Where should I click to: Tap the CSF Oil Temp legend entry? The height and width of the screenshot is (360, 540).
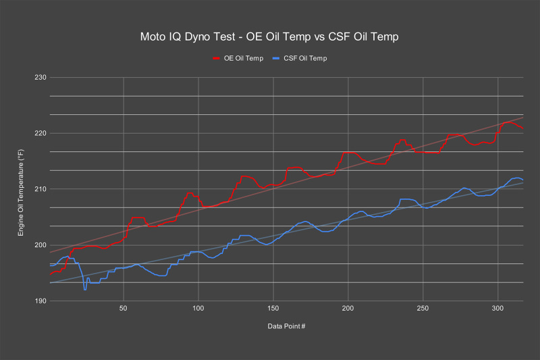coord(300,59)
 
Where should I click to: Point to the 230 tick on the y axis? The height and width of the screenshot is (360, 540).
coord(38,77)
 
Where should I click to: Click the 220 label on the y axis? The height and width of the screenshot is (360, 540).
coord(38,133)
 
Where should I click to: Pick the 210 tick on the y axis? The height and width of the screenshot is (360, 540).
coord(38,189)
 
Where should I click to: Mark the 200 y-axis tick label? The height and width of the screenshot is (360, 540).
coord(38,245)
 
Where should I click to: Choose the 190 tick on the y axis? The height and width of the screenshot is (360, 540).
coord(38,301)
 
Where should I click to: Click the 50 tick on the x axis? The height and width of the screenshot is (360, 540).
coord(124,309)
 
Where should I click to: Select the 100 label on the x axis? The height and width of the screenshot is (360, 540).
coord(198,309)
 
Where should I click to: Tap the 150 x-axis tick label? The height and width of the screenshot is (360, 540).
coord(273,309)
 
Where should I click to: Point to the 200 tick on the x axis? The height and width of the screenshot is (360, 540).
coord(348,309)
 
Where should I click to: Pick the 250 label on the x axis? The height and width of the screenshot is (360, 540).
coord(423,309)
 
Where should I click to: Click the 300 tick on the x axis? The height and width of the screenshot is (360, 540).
coord(498,309)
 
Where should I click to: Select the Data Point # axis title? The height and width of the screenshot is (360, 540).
coord(286,326)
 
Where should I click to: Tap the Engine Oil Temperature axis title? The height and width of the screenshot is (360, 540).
coord(21,190)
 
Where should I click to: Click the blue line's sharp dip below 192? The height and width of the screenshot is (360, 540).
coord(85,290)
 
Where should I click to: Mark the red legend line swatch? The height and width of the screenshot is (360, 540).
coord(218,59)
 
